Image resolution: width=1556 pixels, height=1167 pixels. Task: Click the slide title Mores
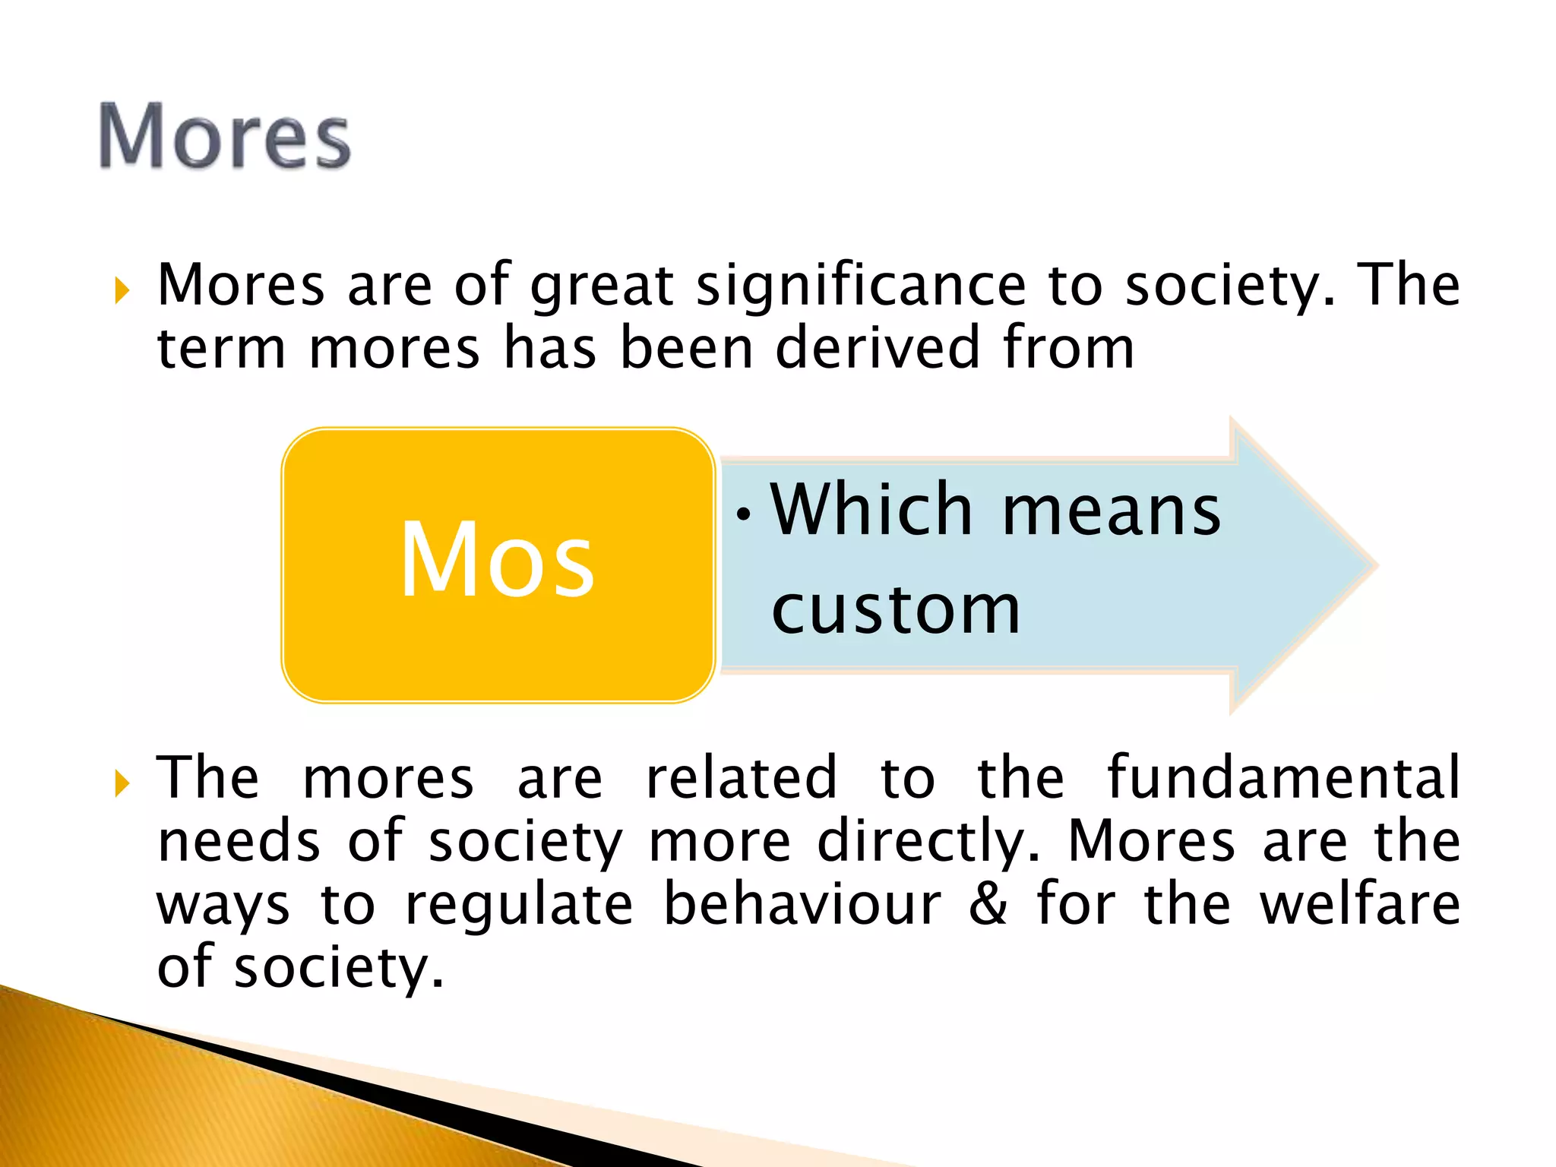pos(225,137)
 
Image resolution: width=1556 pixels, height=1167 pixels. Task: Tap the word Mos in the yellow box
pos(498,561)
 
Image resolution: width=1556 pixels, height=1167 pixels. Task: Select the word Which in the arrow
pos(871,510)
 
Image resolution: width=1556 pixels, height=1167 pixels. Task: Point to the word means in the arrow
pos(1111,511)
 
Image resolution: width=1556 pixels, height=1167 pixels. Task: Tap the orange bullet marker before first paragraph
pos(122,290)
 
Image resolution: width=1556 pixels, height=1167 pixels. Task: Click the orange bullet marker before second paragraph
pos(122,783)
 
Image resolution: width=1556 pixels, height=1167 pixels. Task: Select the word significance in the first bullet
pos(861,286)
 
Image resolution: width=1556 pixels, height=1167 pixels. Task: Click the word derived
pos(878,348)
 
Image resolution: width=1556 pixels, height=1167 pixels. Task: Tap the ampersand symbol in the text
pos(988,904)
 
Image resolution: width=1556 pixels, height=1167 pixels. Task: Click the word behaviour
pos(802,904)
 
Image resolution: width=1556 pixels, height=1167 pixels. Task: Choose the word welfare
pos(1359,904)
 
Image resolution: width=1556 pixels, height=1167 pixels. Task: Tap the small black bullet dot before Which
pos(744,514)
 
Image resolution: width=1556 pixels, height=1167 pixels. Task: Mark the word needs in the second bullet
pos(239,842)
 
